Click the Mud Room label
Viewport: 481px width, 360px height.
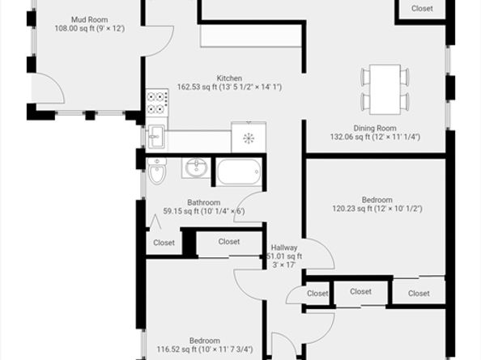click(x=90, y=19)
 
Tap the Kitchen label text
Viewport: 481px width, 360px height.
click(x=229, y=78)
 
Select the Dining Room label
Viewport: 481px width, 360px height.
click(x=375, y=128)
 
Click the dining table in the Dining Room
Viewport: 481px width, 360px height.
click(x=385, y=89)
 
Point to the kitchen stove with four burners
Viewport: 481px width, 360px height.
click(x=157, y=103)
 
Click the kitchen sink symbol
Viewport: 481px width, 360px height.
click(x=156, y=137)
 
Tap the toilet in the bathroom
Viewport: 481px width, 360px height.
click(x=157, y=171)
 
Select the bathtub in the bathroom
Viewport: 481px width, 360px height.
click(x=239, y=172)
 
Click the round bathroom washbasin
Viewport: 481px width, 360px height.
click(x=196, y=167)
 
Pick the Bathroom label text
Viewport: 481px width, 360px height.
click(x=204, y=202)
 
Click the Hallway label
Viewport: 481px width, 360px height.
click(x=284, y=248)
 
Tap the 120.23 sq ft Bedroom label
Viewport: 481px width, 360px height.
click(x=377, y=205)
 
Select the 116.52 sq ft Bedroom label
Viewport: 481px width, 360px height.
click(x=205, y=345)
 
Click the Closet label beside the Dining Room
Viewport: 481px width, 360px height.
click(x=422, y=9)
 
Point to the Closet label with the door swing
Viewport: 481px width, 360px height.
click(x=317, y=294)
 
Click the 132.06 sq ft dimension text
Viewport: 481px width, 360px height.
click(x=375, y=137)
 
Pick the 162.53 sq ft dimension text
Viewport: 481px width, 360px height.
click(x=229, y=87)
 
